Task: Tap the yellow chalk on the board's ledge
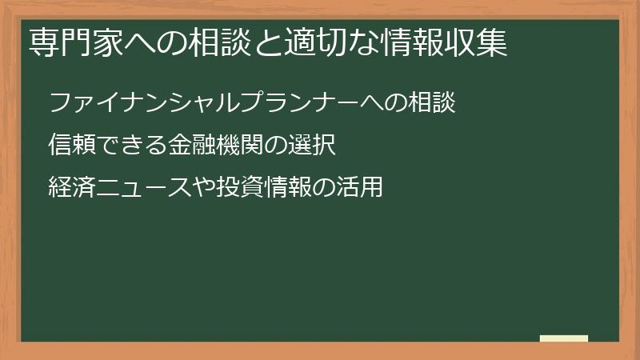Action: [x=564, y=338]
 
